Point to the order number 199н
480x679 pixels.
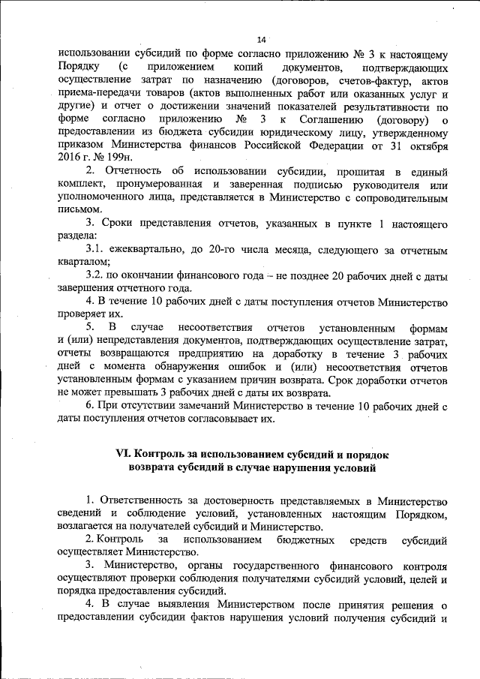tap(117, 158)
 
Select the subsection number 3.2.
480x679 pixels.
tap(97, 275)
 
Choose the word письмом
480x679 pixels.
tap(78, 210)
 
